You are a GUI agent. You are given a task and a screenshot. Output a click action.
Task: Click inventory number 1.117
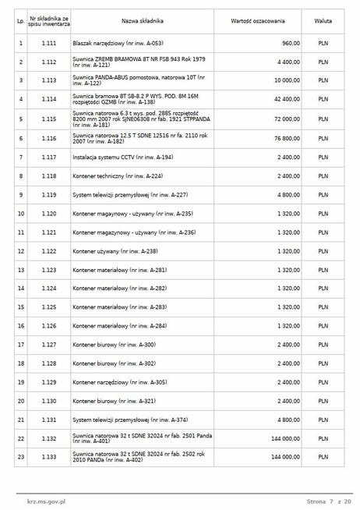pyautogui.click(x=49, y=158)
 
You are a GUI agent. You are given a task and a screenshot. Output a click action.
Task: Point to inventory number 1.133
pyautogui.click(x=49, y=457)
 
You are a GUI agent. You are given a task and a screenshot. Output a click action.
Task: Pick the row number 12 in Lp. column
pyautogui.click(x=20, y=251)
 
